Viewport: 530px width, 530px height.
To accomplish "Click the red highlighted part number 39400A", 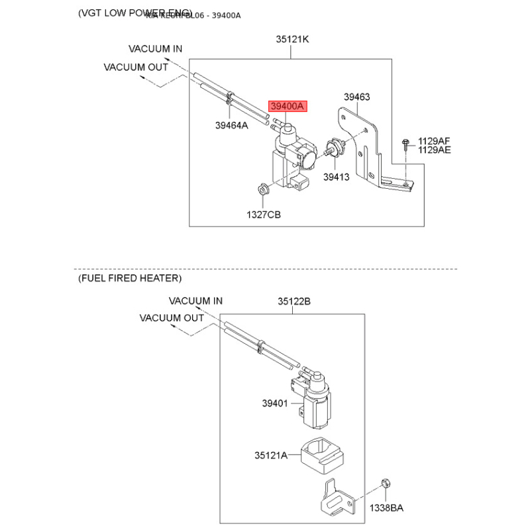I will click(x=286, y=106).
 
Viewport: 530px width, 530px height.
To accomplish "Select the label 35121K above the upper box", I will click(x=293, y=39).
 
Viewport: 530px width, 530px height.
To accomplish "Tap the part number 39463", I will click(x=356, y=97).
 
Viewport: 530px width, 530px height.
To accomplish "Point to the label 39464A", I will click(x=231, y=125).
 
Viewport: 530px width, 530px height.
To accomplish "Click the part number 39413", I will click(x=337, y=177).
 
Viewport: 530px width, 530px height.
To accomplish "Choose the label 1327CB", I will click(x=264, y=215).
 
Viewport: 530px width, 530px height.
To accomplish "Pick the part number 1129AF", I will click(x=434, y=141).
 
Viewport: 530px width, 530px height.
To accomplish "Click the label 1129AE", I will click(x=434, y=150).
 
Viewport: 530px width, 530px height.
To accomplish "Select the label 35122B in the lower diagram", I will click(x=294, y=301).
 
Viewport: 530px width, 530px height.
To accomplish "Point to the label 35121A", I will click(x=271, y=455).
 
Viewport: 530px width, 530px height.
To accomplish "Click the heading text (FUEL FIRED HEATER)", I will click(x=129, y=278).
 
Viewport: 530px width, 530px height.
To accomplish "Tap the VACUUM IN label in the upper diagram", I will click(x=156, y=49).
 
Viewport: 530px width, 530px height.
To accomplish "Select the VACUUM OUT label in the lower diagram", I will click(x=172, y=318).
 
